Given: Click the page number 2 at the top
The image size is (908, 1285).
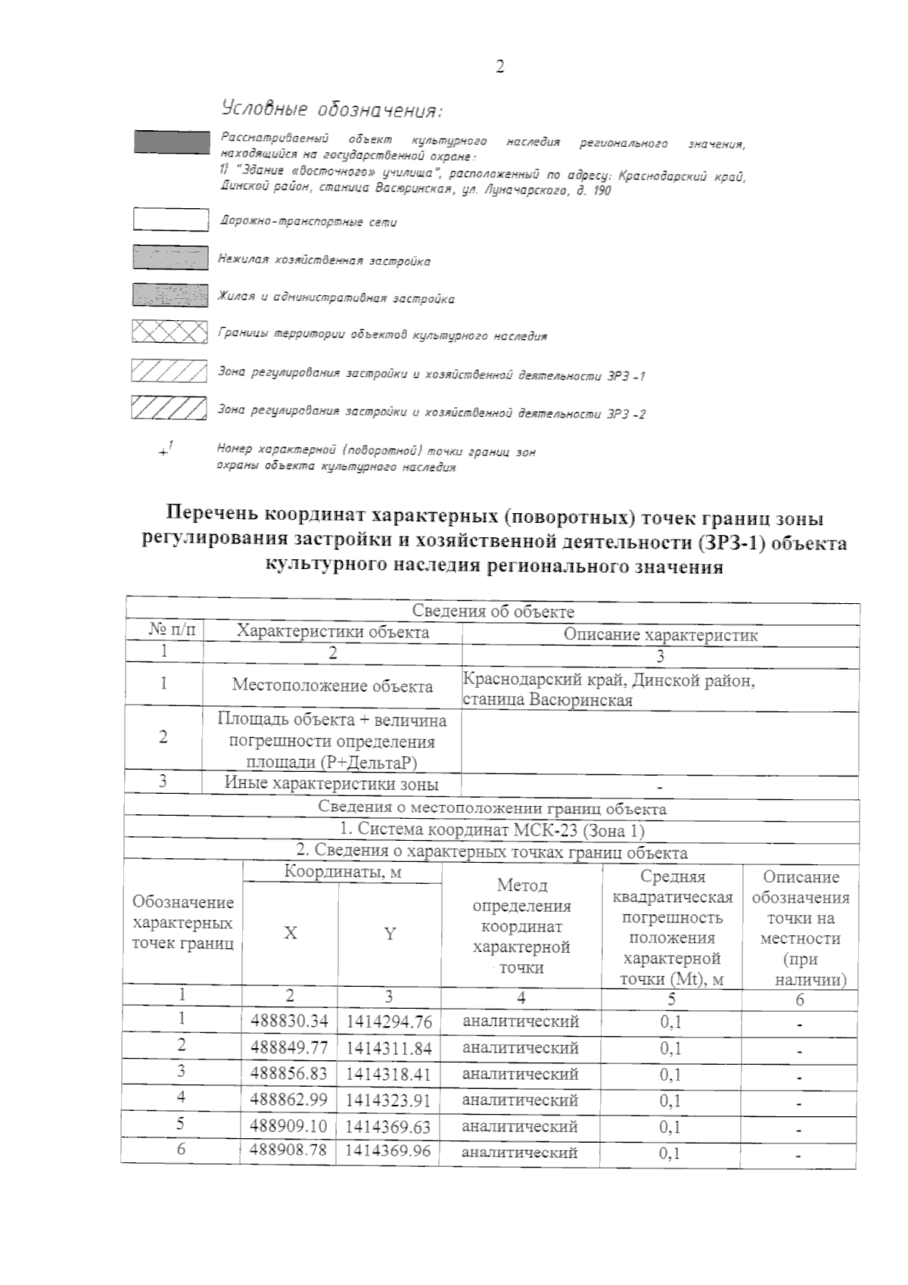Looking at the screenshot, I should pos(499,67).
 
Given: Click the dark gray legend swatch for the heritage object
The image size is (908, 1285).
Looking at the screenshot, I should pos(172,142).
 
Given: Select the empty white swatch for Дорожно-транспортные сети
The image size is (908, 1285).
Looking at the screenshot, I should pos(170,219).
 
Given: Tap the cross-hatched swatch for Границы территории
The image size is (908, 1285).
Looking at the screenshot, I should pos(169,332).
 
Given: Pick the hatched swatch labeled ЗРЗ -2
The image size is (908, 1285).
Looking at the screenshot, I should pos(169,408).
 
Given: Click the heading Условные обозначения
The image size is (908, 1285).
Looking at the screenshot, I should pos(331,110).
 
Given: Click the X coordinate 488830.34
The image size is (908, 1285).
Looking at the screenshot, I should pos(289,1021).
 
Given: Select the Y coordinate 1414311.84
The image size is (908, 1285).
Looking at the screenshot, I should pos(389,1048).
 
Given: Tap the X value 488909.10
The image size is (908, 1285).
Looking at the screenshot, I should pos(289,1126).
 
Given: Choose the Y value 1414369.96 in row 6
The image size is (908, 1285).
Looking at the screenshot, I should pos(388,1152).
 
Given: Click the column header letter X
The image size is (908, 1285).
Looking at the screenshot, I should pos(290,933).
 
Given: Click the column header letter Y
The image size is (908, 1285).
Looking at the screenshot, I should pos(389,933).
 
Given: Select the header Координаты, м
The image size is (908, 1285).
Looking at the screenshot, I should pos(342,873).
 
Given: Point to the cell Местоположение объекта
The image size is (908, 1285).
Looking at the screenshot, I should pos(332,686).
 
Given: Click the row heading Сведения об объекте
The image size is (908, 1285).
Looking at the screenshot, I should pos(493,611).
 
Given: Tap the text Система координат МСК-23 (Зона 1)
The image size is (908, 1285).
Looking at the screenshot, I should pos(493,830).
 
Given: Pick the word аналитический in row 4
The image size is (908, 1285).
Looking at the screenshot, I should pos(521,1100).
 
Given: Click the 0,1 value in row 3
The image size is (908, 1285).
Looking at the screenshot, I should pos(670,1074).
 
